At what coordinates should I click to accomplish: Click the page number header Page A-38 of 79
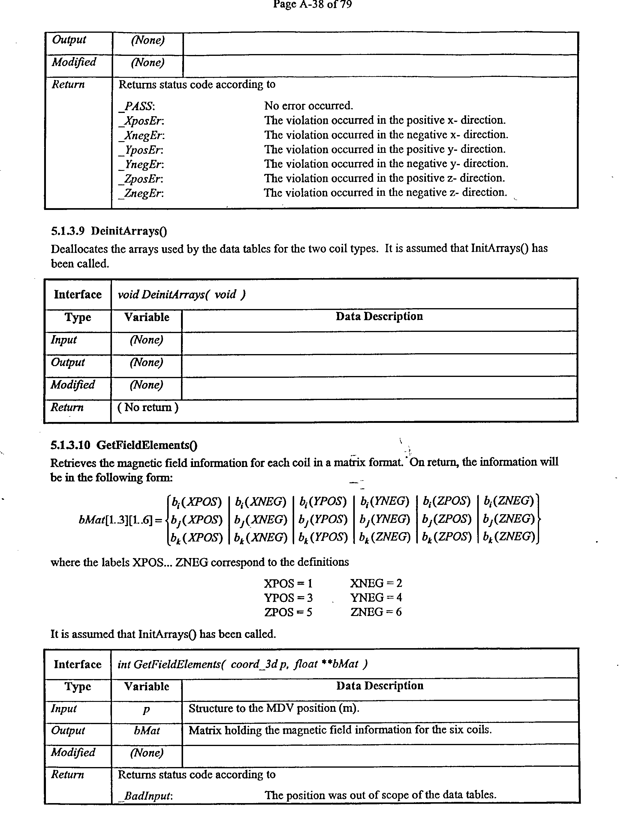[312, 5]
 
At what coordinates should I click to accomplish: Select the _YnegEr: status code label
[141, 165]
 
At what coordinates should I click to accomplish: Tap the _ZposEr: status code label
[141, 179]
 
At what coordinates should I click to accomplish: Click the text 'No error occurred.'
[309, 106]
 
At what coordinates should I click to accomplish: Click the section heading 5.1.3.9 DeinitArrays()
[109, 231]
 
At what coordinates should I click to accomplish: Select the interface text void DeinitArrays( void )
[182, 294]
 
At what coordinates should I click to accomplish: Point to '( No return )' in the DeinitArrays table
[148, 407]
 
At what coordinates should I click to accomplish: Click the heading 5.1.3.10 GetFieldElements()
[124, 445]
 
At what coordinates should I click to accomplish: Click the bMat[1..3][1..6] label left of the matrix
[116, 520]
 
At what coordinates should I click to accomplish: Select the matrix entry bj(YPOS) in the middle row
[323, 520]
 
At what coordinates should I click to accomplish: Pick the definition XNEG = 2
[376, 583]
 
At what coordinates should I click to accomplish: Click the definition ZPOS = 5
[288, 612]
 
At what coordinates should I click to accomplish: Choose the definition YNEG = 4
[376, 598]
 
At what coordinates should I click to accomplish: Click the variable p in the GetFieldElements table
[146, 709]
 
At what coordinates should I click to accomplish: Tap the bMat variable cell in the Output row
[146, 731]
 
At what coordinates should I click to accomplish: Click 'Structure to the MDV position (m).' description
[274, 708]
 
